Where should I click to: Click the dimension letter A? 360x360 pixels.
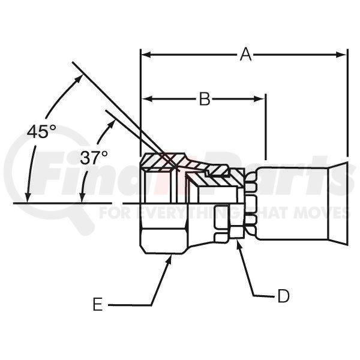pos(245,55)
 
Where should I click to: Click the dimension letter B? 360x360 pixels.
pos(205,99)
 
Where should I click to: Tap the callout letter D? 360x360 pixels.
pos(283,296)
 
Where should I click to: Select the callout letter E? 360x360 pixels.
pos(98,304)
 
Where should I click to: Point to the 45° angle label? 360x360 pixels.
pos(41,132)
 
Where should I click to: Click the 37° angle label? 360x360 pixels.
pos(94,157)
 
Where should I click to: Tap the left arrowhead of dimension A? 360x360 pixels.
pos(146,55)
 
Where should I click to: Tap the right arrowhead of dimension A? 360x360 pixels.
pos(341,55)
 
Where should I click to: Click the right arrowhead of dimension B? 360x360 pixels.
pos(259,99)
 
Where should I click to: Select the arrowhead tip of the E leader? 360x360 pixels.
pos(171,256)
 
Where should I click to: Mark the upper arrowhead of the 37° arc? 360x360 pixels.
pos(114,121)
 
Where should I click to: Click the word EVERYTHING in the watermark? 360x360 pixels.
pos(189,212)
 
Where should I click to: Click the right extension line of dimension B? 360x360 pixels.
pos(266,127)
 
